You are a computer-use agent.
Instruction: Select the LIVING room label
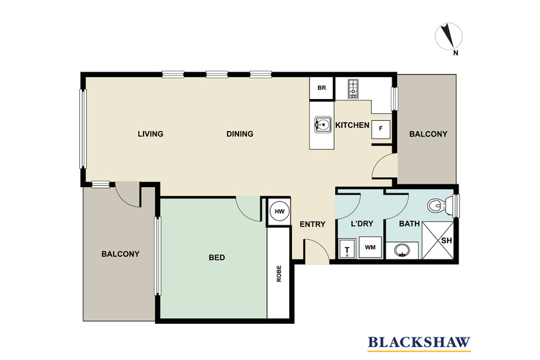click(150, 134)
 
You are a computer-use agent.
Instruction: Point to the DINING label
click(240, 134)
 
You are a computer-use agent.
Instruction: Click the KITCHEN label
click(352, 126)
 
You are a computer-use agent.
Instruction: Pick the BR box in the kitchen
click(321, 89)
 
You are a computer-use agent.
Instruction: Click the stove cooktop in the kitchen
click(353, 88)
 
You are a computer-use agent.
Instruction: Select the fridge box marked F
click(381, 129)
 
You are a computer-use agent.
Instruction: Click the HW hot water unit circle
click(279, 211)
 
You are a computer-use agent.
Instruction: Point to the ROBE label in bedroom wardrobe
click(279, 274)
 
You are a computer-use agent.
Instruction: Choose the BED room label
click(217, 258)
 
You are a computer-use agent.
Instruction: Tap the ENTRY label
click(312, 224)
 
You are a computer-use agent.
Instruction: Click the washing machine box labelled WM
click(370, 247)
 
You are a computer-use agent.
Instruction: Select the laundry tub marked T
click(347, 249)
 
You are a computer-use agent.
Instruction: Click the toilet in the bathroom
click(438, 204)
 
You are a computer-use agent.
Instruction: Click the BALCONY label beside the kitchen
click(428, 135)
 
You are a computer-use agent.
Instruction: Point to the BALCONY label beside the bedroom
click(120, 254)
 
